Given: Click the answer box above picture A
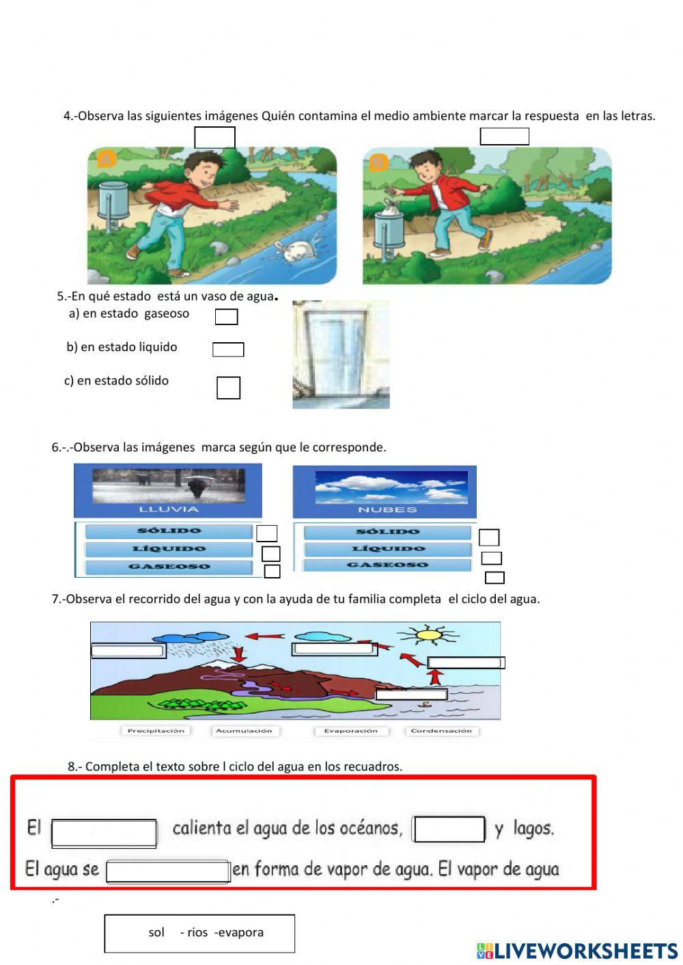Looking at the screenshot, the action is tap(214, 137).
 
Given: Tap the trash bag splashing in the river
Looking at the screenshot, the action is tap(295, 251).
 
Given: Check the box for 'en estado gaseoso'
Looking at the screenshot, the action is tap(226, 317).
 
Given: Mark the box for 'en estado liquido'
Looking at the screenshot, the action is tap(228, 350).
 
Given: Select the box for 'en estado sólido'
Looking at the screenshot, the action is tap(228, 388).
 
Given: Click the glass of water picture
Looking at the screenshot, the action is tap(341, 354).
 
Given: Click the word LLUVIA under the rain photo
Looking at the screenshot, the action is tap(169, 509).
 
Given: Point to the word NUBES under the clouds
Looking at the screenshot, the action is tap(387, 509).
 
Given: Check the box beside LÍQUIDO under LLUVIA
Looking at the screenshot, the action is tap(270, 554).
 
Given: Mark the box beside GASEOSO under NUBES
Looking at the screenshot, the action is tap(494, 577).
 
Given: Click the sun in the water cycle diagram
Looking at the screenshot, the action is tap(427, 634).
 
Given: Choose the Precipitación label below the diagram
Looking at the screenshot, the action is tap(156, 731).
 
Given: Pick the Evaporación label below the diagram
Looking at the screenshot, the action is tap(351, 731).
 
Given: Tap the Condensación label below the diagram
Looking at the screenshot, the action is tap(441, 731).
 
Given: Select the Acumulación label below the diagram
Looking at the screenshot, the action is tap(244, 731).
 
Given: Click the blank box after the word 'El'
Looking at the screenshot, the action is tap(104, 834).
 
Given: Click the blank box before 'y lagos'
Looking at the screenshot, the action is tap(448, 829).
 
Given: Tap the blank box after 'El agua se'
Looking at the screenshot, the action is tap(168, 871).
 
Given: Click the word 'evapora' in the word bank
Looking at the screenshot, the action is tap(241, 932).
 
